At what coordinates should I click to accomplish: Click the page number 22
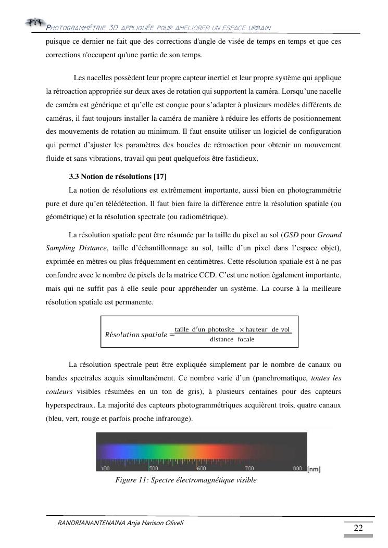coord(358,528)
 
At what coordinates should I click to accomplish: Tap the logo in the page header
coord(35,22)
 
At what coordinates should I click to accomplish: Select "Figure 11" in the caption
coord(131,480)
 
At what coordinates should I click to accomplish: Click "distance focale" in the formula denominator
coord(232,339)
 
